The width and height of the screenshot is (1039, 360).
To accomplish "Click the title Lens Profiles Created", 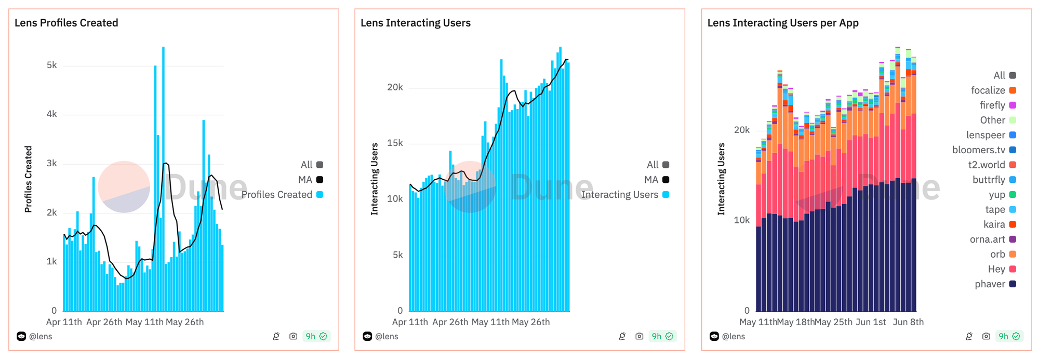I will point(66,23).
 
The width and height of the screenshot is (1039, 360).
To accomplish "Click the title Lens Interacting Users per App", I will point(783,23).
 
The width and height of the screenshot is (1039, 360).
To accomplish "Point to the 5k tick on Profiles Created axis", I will point(52,65).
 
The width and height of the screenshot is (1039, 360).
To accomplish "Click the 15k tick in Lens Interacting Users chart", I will point(395,143).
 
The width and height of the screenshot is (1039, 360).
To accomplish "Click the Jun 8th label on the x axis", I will point(908,322).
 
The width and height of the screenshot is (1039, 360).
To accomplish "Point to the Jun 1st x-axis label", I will point(871,322).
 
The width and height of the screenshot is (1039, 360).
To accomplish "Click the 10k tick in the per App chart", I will point(742,220).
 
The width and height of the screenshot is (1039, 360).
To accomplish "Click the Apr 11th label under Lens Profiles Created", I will point(64,322).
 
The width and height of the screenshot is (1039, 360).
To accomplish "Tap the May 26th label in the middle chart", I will point(530,322).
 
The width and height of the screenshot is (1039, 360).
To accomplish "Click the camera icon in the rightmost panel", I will point(986,337).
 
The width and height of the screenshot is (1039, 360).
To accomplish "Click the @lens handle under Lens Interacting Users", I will point(387,337).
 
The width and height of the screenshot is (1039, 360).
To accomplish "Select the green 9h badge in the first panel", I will point(316,337).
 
